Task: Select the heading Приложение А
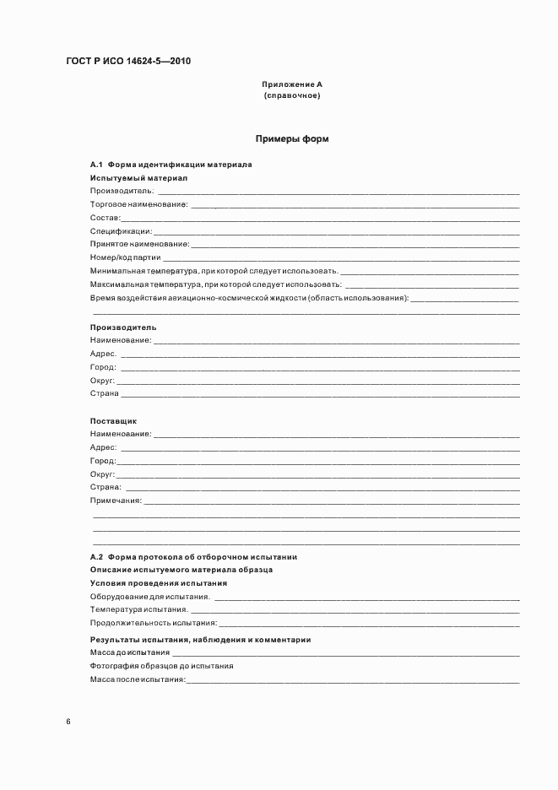click(292, 85)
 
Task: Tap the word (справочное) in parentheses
click(292, 96)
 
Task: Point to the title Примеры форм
click(292, 138)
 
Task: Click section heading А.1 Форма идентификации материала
click(171, 165)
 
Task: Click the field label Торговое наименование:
click(139, 204)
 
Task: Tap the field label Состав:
click(106, 218)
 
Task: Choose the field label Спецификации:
click(121, 231)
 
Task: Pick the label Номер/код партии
click(125, 257)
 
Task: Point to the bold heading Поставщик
click(113, 420)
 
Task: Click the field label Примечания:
click(116, 501)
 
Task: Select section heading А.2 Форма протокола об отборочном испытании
click(193, 557)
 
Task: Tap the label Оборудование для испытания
click(149, 597)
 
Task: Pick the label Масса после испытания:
click(138, 679)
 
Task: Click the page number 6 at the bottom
click(68, 722)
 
